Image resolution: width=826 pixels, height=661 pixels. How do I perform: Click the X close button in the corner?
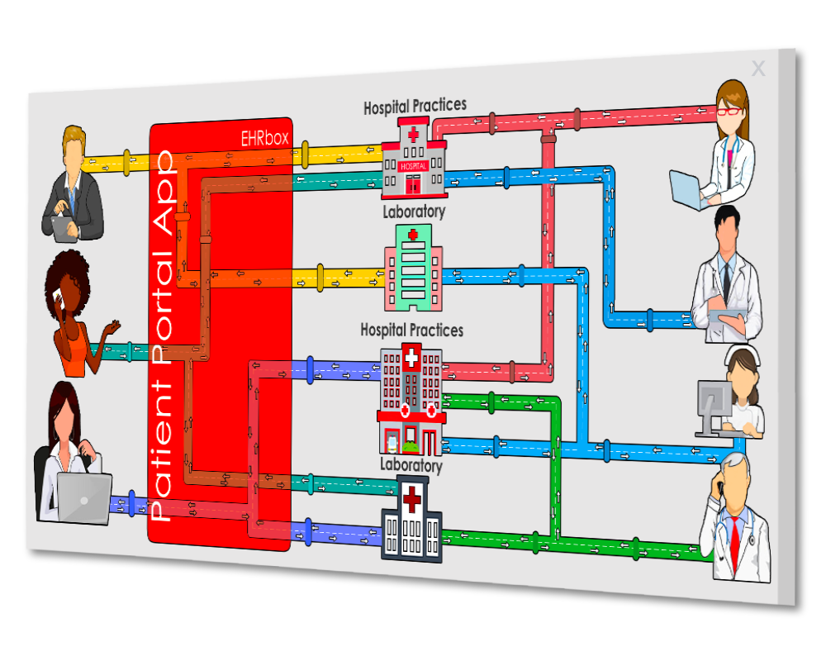point(758,69)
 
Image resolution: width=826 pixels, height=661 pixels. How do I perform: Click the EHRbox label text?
point(264,138)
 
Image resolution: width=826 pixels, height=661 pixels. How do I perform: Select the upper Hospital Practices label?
point(415,107)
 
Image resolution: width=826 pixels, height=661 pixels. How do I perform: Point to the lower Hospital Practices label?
point(411,330)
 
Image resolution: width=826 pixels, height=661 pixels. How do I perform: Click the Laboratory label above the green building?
point(414,212)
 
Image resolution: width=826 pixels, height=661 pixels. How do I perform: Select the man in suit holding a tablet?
point(72,186)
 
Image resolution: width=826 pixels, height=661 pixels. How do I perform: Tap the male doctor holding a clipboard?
point(727,277)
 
